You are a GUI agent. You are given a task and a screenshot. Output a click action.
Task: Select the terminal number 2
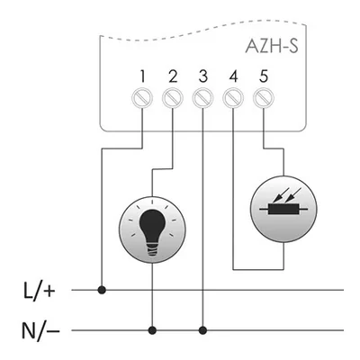(173, 76)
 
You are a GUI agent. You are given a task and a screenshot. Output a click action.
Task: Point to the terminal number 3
(203, 76)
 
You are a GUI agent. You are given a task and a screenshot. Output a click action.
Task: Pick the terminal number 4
(233, 76)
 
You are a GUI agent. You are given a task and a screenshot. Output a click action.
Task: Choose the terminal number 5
(263, 76)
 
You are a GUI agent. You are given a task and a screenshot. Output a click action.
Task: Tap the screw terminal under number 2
(174, 96)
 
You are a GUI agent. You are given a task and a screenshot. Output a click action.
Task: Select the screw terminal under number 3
(203, 96)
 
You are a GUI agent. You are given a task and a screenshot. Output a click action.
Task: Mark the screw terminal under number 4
(233, 96)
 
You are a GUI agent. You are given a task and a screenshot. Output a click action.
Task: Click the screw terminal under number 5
(263, 96)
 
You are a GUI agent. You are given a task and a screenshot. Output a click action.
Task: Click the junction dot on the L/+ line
(101, 290)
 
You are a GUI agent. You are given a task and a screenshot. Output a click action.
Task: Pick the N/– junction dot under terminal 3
(203, 328)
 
